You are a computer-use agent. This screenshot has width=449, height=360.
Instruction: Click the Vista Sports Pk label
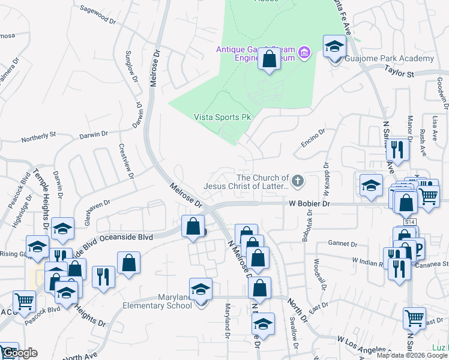click(x=221, y=118)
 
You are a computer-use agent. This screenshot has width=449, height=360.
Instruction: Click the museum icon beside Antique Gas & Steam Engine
click(x=304, y=53)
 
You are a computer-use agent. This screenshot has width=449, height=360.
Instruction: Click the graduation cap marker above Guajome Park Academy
click(x=334, y=46)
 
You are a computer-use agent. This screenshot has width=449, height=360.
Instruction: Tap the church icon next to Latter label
click(x=297, y=181)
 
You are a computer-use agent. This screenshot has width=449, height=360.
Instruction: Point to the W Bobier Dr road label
click(x=310, y=204)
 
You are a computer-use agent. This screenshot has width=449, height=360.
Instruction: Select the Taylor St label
click(x=400, y=73)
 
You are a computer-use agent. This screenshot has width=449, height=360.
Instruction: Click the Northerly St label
click(x=38, y=137)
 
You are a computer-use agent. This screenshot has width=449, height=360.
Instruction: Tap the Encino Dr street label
click(x=313, y=139)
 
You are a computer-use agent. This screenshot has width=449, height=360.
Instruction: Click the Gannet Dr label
click(x=343, y=244)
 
